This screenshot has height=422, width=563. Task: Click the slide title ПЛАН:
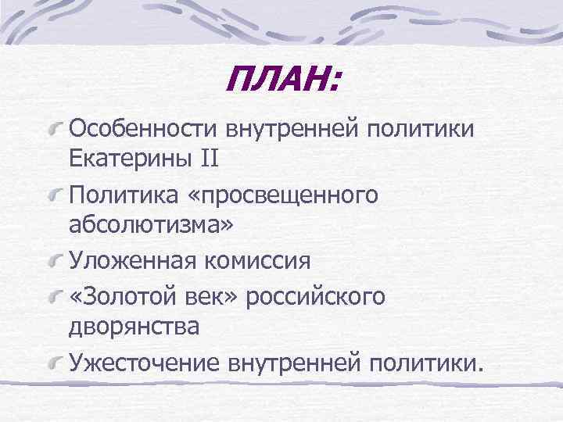[282, 79]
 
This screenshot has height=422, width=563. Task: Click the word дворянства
[134, 327]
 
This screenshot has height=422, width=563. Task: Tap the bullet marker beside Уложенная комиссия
[56, 259]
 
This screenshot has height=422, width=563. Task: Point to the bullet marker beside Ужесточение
[56, 360]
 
